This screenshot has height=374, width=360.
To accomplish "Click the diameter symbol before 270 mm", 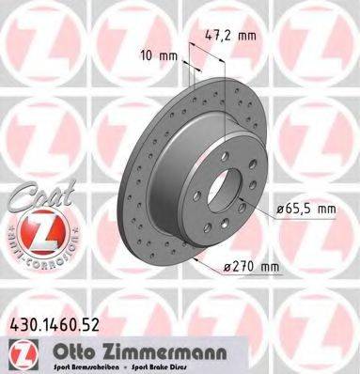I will [226, 267].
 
